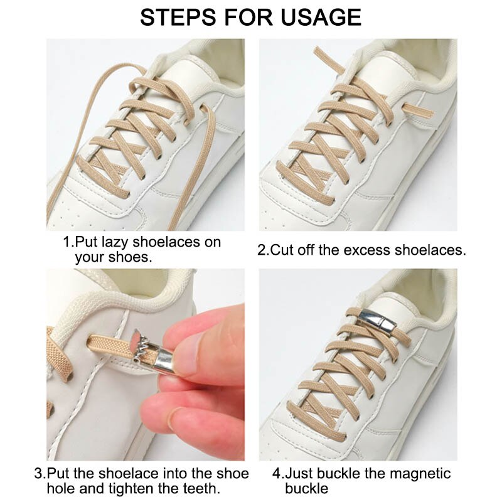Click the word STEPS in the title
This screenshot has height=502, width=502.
(x=178, y=18)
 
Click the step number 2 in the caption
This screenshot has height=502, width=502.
(x=262, y=250)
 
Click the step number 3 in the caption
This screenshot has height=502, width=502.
(x=39, y=474)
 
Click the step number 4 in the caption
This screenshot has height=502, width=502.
(x=277, y=474)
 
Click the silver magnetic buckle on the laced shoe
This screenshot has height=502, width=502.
(x=378, y=323)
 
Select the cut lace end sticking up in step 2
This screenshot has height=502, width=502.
(x=329, y=59)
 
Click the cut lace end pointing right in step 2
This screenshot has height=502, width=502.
(x=417, y=110)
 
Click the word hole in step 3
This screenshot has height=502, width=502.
(x=61, y=489)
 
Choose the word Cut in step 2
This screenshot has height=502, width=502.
(x=282, y=250)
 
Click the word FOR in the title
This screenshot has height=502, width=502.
(x=248, y=18)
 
